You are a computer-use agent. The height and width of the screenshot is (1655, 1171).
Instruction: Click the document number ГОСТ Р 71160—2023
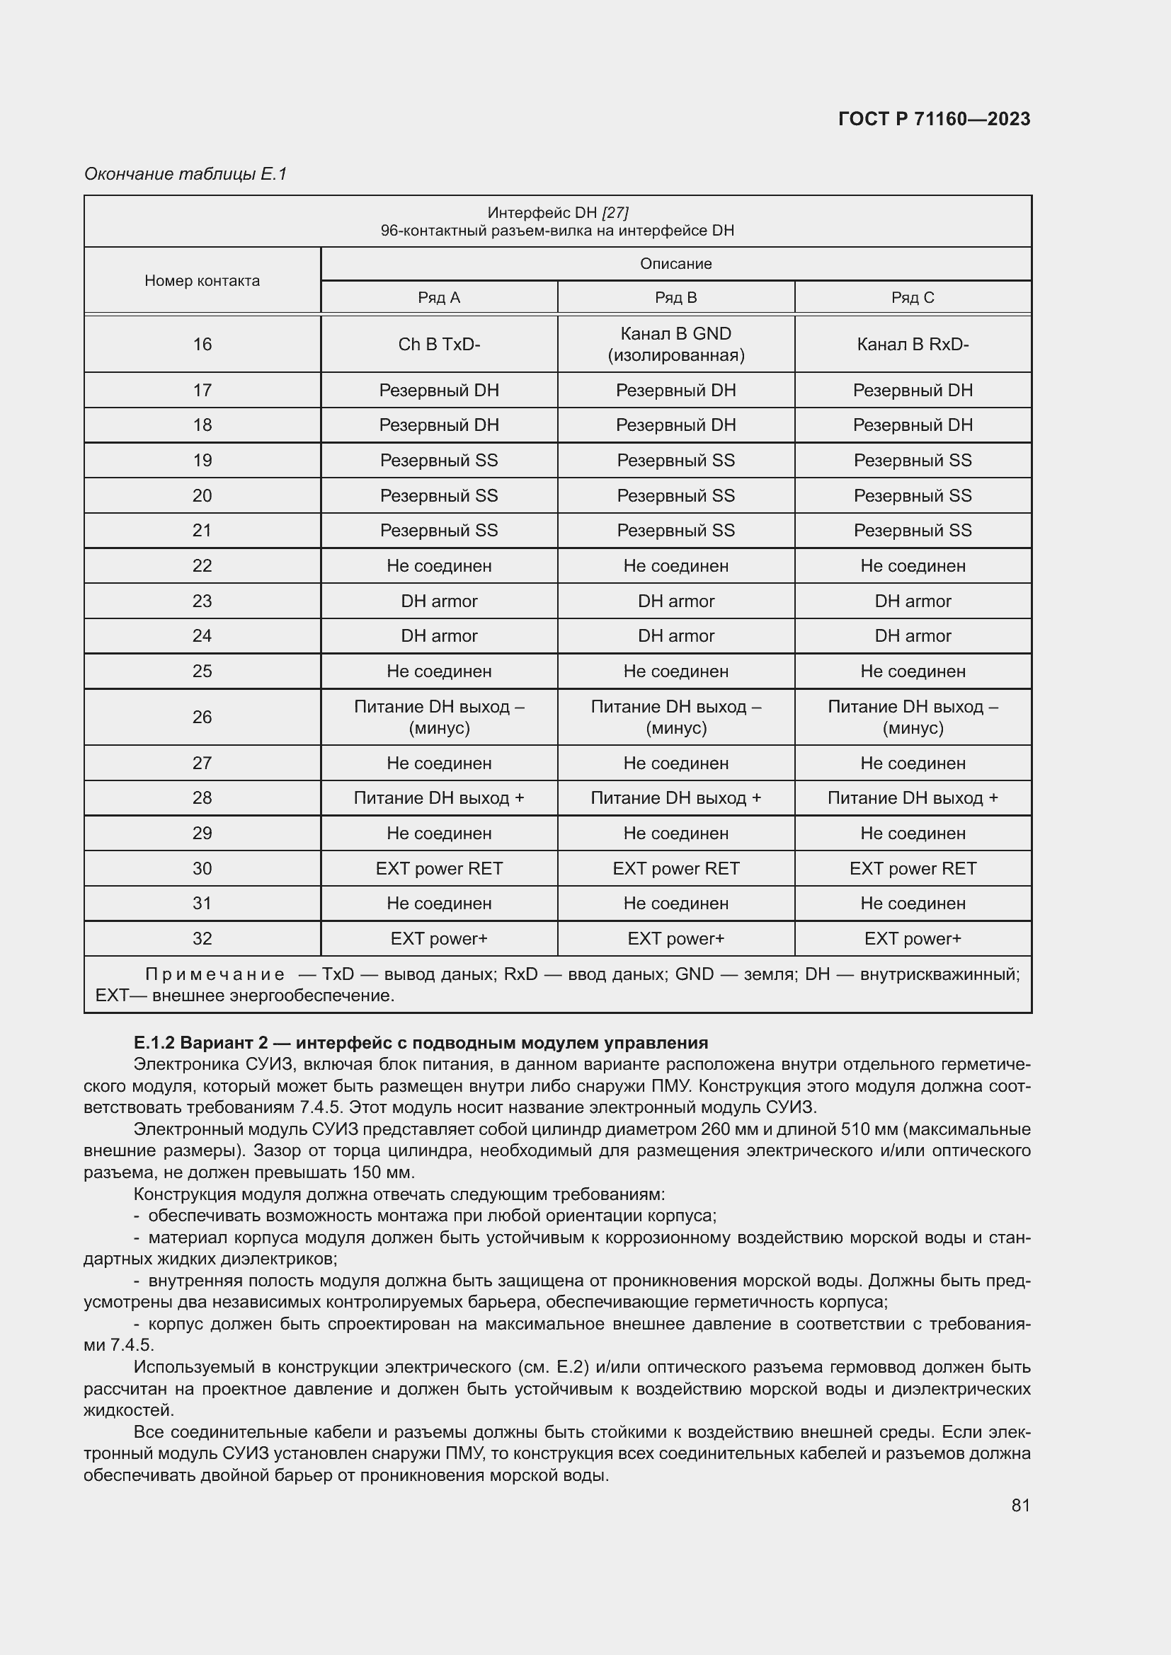(x=934, y=119)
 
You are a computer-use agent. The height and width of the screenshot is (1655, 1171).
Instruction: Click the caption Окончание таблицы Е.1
(x=185, y=174)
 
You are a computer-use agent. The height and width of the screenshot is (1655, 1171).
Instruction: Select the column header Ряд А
(x=438, y=298)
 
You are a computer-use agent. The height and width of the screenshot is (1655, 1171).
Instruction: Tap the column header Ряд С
(x=912, y=298)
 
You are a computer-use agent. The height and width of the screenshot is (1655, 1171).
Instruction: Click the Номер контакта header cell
(x=202, y=280)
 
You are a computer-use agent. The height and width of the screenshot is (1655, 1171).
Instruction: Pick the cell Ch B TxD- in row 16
(x=438, y=345)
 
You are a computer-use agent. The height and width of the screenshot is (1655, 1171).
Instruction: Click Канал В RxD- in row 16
(x=912, y=345)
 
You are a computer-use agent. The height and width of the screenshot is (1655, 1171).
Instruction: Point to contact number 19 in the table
(x=202, y=461)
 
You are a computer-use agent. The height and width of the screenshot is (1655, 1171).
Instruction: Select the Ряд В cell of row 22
(x=675, y=566)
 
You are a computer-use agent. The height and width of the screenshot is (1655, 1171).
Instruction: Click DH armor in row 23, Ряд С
(x=912, y=601)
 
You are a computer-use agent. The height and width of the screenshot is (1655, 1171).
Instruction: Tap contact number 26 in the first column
(x=202, y=717)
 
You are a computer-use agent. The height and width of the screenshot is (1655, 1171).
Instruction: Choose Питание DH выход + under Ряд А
(x=438, y=798)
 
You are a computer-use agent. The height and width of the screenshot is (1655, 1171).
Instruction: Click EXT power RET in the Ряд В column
(x=675, y=869)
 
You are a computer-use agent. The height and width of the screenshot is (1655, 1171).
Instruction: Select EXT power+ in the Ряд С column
(x=912, y=938)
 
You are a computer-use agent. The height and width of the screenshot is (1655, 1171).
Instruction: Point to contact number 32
(x=202, y=938)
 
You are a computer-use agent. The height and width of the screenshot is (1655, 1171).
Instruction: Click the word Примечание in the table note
(x=215, y=974)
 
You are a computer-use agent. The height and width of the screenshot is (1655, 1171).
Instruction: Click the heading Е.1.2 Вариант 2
(x=421, y=1043)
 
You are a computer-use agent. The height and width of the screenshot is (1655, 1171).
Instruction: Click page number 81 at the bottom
(x=1020, y=1505)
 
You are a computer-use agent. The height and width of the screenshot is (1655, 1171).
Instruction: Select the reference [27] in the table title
(x=615, y=213)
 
